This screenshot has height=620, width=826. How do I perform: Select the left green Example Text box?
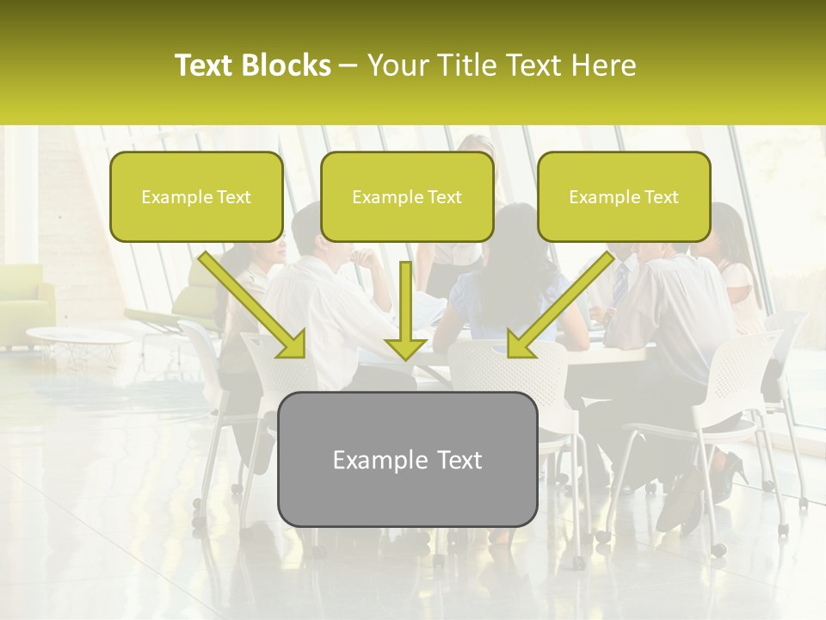pos(196,196)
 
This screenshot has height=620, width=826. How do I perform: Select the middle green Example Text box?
pos(407,196)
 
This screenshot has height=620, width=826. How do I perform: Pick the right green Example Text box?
pos(624,196)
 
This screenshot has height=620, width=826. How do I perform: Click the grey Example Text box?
pos(407,459)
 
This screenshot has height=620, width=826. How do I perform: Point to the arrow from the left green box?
pos(255,306)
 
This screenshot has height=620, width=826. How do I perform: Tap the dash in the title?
pos(348,66)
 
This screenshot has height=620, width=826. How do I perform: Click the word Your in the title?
pos(398,66)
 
